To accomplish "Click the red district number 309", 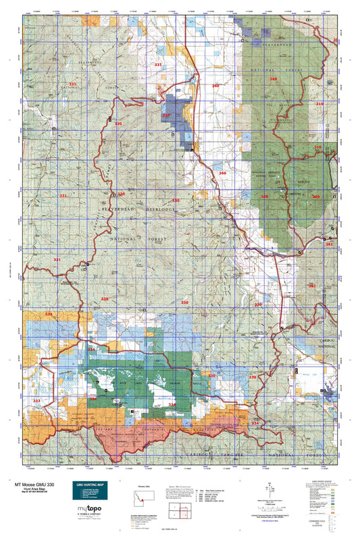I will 315,196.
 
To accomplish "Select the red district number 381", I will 311,286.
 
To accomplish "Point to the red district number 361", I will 330,244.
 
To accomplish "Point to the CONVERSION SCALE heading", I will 324,517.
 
